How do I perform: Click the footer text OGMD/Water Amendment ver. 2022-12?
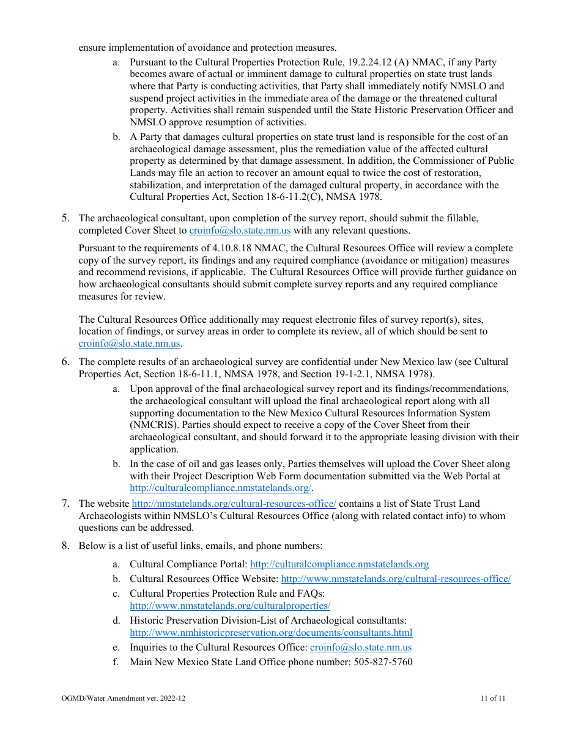coord(124,698)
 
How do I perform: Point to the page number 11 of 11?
coord(493,698)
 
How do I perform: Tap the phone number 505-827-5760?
coord(383,662)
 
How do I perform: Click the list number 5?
coord(65,218)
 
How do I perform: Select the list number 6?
coord(65,362)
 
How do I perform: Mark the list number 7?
coord(65,504)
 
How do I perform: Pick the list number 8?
coord(65,545)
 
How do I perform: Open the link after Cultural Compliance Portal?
coord(339,564)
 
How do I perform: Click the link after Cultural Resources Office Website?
coord(395,578)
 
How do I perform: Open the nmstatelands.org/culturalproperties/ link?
coord(230,606)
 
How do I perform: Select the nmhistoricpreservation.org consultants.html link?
coord(271,633)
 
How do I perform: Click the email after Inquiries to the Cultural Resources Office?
coord(361,647)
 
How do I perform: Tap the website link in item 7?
coord(234,504)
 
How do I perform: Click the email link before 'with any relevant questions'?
coord(240,230)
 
